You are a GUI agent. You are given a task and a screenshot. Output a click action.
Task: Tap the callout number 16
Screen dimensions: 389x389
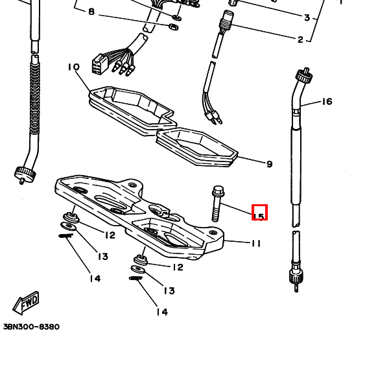[327, 102]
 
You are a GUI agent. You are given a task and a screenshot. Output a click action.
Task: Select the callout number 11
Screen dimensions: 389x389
[256, 243]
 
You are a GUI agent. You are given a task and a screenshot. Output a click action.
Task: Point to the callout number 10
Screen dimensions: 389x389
[74, 67]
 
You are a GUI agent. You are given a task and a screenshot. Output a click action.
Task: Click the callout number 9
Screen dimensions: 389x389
[270, 164]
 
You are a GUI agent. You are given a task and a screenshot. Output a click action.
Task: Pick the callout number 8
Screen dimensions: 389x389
[91, 12]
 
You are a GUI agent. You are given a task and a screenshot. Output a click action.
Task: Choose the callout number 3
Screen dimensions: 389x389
[307, 18]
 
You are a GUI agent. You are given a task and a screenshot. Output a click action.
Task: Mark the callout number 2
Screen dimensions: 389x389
[300, 40]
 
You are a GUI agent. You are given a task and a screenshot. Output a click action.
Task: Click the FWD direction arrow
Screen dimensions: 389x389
[26, 303]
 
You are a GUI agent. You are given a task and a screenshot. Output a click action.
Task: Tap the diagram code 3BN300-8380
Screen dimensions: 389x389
[32, 327]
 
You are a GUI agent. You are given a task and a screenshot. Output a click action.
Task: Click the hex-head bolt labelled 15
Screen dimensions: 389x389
[217, 204]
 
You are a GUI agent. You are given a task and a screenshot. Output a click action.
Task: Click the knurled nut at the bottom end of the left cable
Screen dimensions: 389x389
[25, 174]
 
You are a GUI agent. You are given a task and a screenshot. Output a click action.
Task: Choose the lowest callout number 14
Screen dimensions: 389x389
[162, 312]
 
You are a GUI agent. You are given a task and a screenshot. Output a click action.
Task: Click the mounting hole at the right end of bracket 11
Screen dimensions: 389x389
[213, 233]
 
